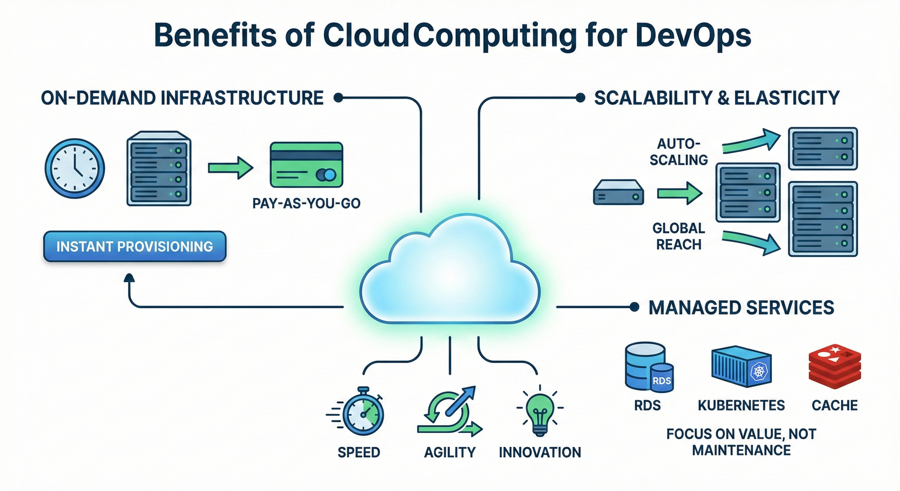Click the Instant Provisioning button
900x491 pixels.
pyautogui.click(x=135, y=247)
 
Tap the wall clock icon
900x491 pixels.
pyautogui.click(x=75, y=168)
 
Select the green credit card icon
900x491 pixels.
pyautogui.click(x=306, y=165)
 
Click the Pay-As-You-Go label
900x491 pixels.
pyautogui.click(x=306, y=203)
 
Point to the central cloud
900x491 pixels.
pyautogui.click(x=450, y=275)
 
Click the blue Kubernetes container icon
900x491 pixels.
pyautogui.click(x=741, y=366)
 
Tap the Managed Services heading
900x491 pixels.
pyautogui.click(x=741, y=308)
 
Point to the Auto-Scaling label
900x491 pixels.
pyautogui.click(x=679, y=152)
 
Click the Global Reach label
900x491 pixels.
pyautogui.click(x=679, y=236)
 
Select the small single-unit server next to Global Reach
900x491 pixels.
pyautogui.click(x=618, y=193)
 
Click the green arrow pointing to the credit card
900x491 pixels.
pyautogui.click(x=230, y=168)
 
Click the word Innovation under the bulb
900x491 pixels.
pyautogui.click(x=540, y=452)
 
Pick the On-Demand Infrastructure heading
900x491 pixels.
pyautogui.click(x=182, y=98)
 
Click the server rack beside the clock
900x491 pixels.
pyautogui.click(x=159, y=168)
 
